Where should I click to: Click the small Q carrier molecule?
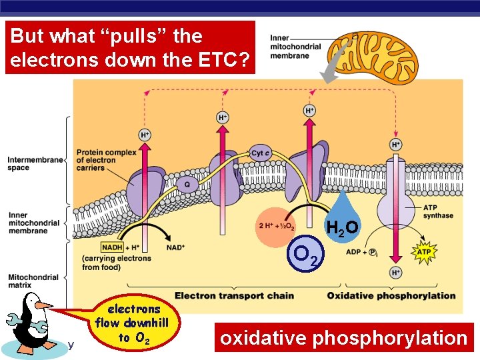(x=187, y=185)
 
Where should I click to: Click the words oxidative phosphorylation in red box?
(x=343, y=338)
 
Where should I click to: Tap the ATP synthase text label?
(x=438, y=211)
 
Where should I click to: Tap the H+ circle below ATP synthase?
(x=396, y=273)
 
